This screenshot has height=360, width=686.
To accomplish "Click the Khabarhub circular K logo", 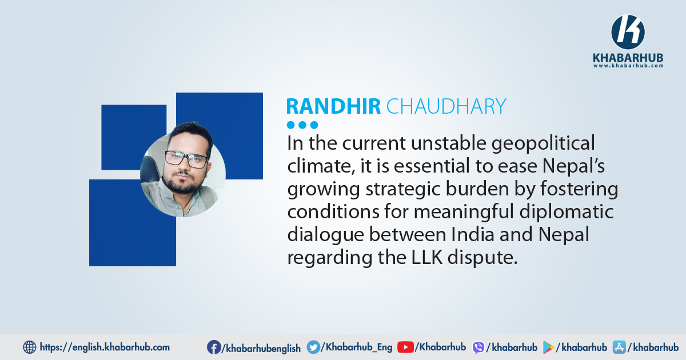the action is (628, 32).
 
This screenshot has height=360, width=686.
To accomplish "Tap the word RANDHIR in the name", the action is (333, 106).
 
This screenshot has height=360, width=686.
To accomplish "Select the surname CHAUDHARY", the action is (446, 106).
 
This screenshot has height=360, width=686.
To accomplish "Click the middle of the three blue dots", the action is (302, 125).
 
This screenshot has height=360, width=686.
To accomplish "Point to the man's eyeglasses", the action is (186, 159).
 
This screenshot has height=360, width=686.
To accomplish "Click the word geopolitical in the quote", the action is (543, 143).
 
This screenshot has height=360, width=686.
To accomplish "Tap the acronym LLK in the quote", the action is (426, 258).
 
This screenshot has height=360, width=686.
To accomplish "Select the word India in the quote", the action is (473, 234).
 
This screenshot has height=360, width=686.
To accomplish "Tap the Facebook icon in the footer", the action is (214, 347).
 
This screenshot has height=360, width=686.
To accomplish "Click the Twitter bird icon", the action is (313, 347).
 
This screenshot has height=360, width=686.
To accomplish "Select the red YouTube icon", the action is (405, 347).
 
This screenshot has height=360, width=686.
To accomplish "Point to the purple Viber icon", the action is (478, 348).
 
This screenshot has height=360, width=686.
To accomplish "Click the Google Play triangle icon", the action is (548, 347).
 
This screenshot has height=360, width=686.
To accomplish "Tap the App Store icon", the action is (619, 347).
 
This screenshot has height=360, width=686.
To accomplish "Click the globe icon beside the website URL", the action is (29, 347).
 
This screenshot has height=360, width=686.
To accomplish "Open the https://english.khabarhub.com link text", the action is (105, 347).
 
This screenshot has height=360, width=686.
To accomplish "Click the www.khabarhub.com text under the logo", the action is (628, 66).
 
